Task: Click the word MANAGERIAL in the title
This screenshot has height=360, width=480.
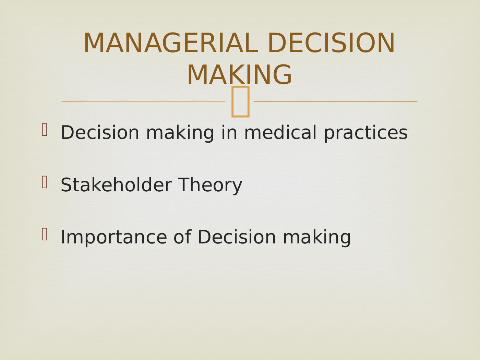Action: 171,43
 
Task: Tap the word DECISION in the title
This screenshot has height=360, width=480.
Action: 331,43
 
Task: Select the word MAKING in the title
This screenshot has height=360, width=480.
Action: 239,75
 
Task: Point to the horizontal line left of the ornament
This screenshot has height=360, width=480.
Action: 143,101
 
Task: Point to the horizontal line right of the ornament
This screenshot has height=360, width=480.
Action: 335,101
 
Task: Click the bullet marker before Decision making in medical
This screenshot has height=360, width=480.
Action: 44,130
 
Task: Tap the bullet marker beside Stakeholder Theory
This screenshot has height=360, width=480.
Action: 44,182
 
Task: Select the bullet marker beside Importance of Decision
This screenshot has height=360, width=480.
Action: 44,234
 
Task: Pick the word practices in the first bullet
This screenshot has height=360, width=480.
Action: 366,133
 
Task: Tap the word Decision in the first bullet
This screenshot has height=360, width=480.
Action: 100,132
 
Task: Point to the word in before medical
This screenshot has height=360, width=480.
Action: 229,132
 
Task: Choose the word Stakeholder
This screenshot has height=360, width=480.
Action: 116,185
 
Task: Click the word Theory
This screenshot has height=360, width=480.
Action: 210,185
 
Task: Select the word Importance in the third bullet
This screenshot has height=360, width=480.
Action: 114,238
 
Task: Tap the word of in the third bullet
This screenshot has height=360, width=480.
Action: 182,237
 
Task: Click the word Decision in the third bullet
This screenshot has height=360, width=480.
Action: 237,237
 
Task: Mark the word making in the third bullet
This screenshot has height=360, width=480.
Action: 317,238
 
